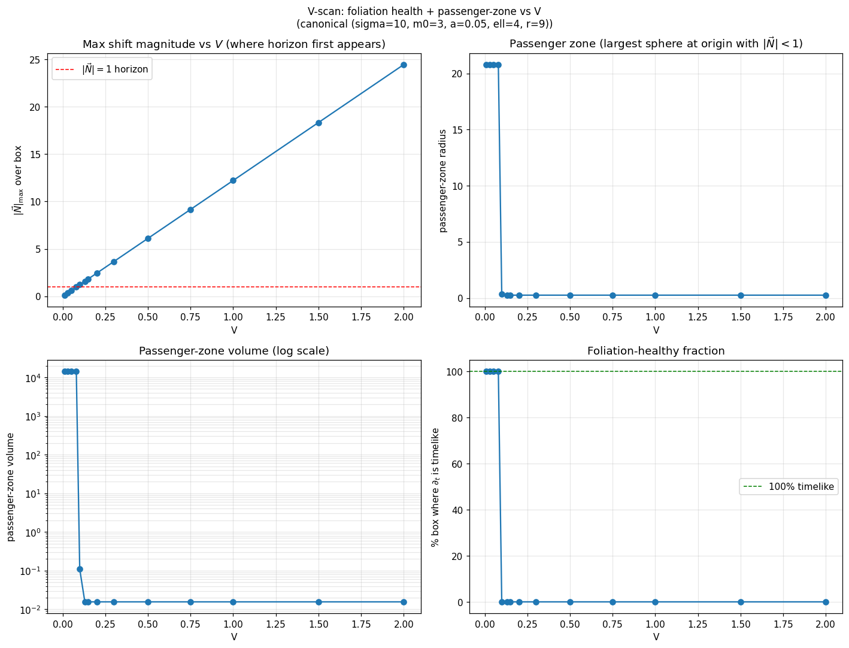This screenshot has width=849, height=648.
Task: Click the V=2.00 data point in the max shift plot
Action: [404, 65]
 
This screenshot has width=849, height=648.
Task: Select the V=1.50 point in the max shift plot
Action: [319, 123]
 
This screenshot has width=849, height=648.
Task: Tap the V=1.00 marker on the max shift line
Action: [233, 180]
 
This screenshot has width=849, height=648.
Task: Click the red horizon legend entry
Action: [102, 69]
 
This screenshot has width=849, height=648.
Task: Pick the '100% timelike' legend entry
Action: [787, 486]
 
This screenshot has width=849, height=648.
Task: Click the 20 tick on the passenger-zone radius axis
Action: [455, 74]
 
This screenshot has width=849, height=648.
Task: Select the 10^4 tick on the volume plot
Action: [32, 378]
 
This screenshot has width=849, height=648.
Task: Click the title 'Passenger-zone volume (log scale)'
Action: [234, 351]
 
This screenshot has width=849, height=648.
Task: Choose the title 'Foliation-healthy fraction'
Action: [656, 351]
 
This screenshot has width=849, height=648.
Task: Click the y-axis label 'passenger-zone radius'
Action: [443, 180]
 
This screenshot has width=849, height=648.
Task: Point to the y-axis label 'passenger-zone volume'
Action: [10, 487]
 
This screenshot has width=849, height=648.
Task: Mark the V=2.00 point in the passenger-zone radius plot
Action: [826, 295]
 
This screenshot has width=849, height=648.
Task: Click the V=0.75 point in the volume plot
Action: [190, 602]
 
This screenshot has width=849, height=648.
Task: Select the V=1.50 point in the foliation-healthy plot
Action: [741, 602]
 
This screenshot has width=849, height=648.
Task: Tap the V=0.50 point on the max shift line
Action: [148, 238]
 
